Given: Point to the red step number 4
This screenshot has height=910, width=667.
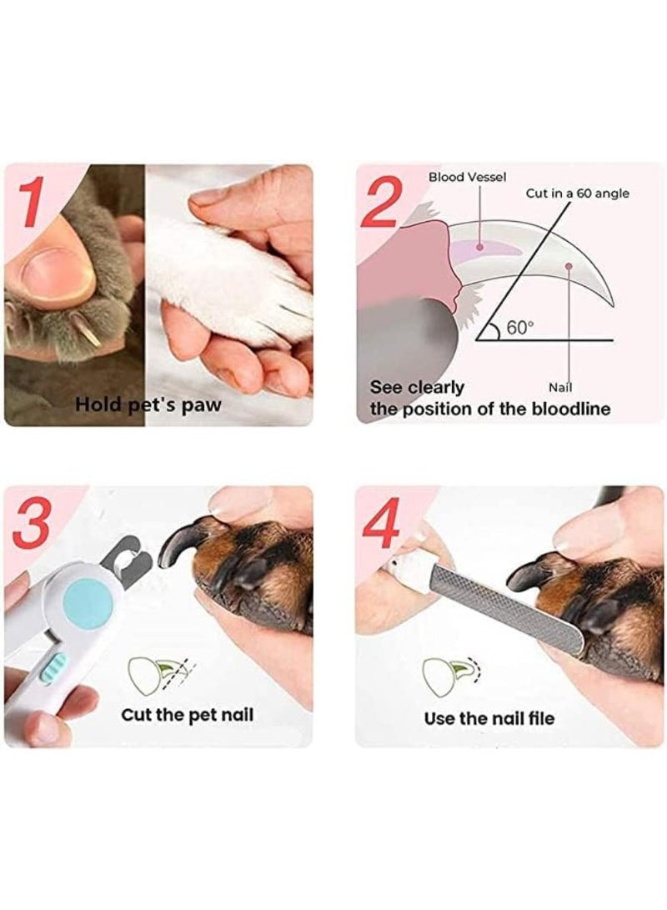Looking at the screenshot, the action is pyautogui.click(x=381, y=524).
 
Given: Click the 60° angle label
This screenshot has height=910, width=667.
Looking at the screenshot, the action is pyautogui.click(x=519, y=327).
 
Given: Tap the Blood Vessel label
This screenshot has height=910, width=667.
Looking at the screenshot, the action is pyautogui.click(x=467, y=177).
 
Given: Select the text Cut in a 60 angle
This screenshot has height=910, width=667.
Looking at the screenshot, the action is pyautogui.click(x=577, y=194).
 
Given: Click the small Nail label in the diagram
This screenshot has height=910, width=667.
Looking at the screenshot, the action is pyautogui.click(x=560, y=387).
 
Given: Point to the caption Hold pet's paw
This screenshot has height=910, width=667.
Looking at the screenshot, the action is pyautogui.click(x=148, y=405).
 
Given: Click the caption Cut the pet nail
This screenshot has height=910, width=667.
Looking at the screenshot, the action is pyautogui.click(x=188, y=715).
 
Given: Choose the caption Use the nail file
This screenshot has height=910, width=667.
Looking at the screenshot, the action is pyautogui.click(x=489, y=718).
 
